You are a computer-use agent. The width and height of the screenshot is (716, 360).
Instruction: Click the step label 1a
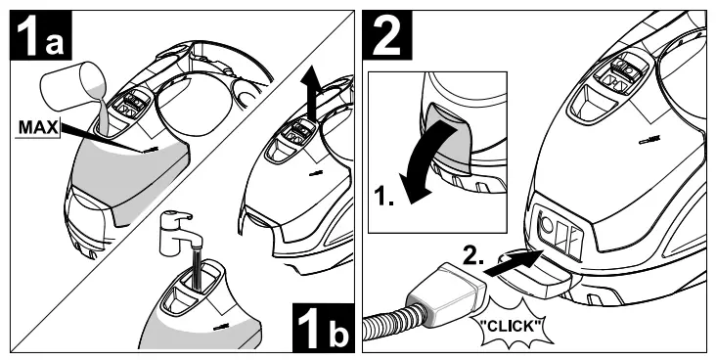tap(41, 35)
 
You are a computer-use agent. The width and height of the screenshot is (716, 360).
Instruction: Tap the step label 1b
tap(324, 328)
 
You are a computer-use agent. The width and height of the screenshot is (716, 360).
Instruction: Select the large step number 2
tap(386, 34)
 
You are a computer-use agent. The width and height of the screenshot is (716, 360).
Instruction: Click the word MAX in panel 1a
tap(38, 127)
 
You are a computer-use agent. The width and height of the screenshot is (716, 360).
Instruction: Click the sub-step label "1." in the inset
tap(383, 197)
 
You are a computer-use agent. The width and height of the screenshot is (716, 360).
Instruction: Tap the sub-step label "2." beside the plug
tap(473, 257)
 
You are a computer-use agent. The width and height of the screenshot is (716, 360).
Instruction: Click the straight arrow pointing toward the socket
tap(514, 263)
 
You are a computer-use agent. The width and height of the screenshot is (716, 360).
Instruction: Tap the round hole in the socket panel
tap(548, 225)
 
